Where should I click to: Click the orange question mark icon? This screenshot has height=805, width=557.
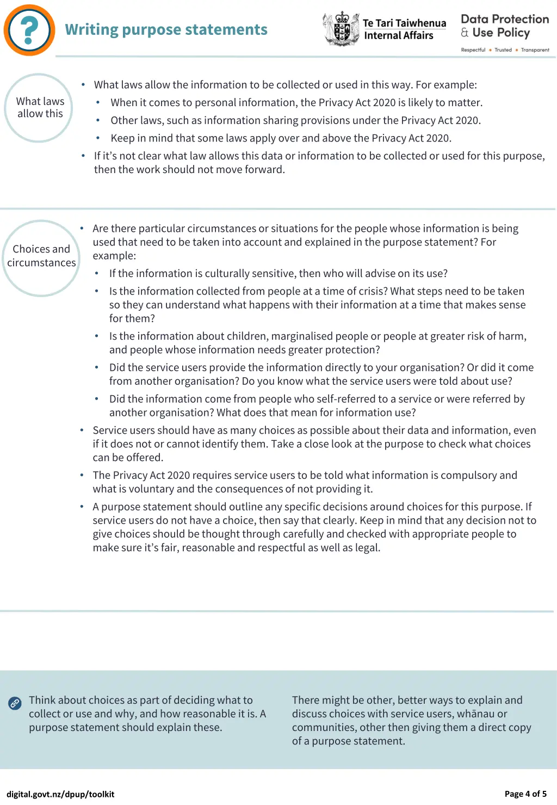tap(29, 30)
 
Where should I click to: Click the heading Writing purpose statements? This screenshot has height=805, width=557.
tap(166, 29)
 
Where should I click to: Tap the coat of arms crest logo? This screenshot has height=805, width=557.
tap(341, 29)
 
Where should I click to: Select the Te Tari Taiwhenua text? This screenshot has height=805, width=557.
tap(404, 23)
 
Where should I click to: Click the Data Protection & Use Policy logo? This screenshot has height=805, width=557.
tap(504, 26)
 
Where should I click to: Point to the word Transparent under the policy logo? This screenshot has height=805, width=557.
tap(535, 50)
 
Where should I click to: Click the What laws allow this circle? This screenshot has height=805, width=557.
tap(39, 108)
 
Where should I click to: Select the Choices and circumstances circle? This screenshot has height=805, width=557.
tap(41, 256)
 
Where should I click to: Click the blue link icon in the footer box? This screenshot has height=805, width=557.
tap(15, 703)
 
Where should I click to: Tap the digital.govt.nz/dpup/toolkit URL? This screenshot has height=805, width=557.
tap(60, 794)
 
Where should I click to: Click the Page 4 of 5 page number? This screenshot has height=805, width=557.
tap(525, 794)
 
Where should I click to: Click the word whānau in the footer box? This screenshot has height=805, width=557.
tap(476, 714)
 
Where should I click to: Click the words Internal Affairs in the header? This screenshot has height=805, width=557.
tap(399, 36)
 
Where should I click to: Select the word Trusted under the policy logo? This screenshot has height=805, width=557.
tap(503, 50)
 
